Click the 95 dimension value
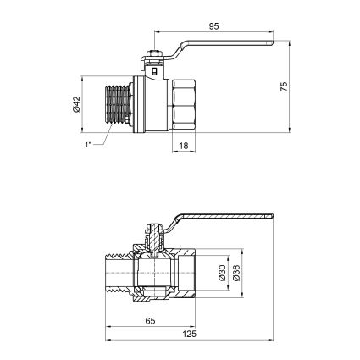click(x=213, y=26)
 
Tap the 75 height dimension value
click(x=284, y=86)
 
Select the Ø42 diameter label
click(x=76, y=104)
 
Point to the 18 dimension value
click(x=184, y=146)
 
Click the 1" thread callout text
click(x=88, y=145)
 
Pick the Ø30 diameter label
click(x=223, y=273)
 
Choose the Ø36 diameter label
click(x=236, y=273)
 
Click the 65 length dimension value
click(x=150, y=321)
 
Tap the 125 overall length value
click(x=189, y=335)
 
